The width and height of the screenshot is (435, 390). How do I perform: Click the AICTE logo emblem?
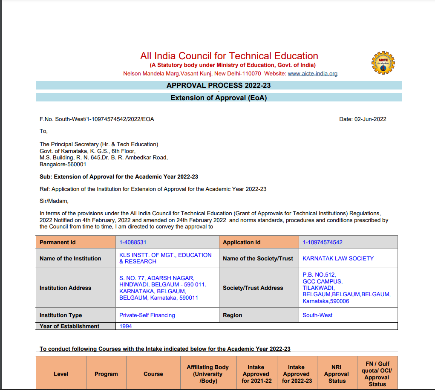click(x=383, y=63)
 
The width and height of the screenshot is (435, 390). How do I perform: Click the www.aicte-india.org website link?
click(x=312, y=74)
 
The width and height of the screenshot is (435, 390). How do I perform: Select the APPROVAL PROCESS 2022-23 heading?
click(x=219, y=85)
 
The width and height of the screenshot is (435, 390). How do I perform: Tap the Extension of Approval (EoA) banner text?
click(x=219, y=98)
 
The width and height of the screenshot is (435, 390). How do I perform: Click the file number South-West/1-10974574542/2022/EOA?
click(x=97, y=119)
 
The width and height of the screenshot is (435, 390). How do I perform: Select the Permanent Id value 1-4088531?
click(x=133, y=242)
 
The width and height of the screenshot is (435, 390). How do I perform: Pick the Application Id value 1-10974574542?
click(x=323, y=242)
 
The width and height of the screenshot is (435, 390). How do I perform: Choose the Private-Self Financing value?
click(x=147, y=315)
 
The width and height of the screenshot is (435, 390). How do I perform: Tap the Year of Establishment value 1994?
click(x=126, y=326)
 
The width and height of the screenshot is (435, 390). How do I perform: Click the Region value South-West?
click(x=317, y=315)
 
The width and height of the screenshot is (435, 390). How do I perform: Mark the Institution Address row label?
click(x=65, y=288)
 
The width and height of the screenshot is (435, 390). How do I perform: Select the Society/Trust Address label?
click(x=253, y=288)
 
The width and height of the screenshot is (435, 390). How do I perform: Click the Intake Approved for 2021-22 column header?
click(x=256, y=374)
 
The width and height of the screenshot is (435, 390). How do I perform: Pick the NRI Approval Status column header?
click(x=337, y=374)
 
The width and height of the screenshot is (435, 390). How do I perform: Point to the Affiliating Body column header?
click(x=207, y=374)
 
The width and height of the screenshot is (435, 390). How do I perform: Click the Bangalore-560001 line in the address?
click(x=63, y=164)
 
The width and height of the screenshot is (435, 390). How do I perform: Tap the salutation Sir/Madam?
click(x=54, y=201)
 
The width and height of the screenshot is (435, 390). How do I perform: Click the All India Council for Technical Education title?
click(x=229, y=56)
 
